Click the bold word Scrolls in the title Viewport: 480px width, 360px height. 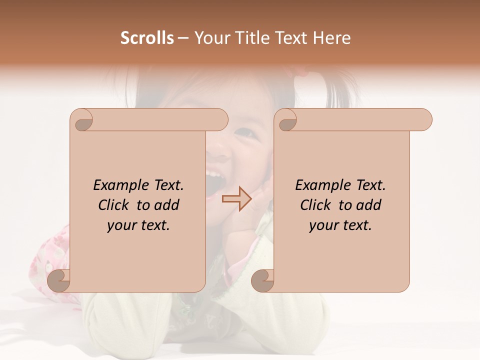(x=147, y=38)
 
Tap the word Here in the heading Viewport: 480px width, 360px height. (x=332, y=38)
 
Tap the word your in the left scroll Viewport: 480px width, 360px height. (x=120, y=225)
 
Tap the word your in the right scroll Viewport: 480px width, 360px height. (x=322, y=225)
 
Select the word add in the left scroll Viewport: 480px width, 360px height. (x=167, y=205)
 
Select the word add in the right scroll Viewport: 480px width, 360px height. (x=369, y=205)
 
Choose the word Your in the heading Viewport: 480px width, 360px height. (x=211, y=38)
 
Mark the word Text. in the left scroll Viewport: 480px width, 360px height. (x=167, y=185)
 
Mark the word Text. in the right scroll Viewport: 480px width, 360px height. (x=369, y=185)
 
